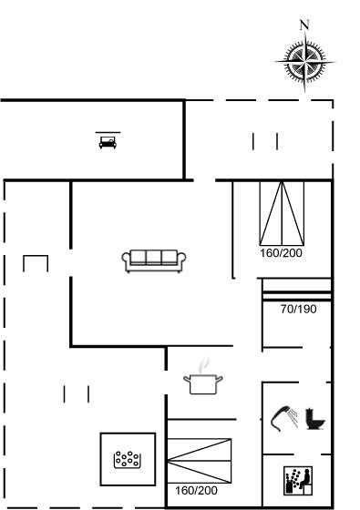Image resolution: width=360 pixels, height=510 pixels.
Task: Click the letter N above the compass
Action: pyautogui.click(x=304, y=25)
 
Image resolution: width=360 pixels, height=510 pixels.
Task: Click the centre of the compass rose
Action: pyautogui.click(x=305, y=61)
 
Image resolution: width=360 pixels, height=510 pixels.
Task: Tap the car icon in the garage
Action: pyautogui.click(x=108, y=142)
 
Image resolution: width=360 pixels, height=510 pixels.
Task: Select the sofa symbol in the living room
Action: pyautogui.click(x=154, y=260)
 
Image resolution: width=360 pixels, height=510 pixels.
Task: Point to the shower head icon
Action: pyautogui.click(x=281, y=418)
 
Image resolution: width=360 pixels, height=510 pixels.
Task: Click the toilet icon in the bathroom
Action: pyautogui.click(x=315, y=419)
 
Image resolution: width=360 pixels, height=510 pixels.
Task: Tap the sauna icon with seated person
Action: pyautogui.click(x=298, y=481)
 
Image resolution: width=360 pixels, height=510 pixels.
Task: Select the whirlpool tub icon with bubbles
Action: pyautogui.click(x=128, y=459)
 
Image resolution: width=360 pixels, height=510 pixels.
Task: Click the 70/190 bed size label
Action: pyautogui.click(x=299, y=309)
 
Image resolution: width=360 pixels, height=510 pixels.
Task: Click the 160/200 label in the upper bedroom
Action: pyautogui.click(x=281, y=253)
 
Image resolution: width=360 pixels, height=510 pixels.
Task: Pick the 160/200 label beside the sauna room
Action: pyautogui.click(x=196, y=491)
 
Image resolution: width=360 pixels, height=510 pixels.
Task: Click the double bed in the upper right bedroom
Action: pyautogui.click(x=282, y=213)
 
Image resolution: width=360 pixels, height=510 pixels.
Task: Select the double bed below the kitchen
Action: pyautogui.click(x=200, y=461)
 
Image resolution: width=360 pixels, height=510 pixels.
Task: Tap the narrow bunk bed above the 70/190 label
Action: pyautogui.click(x=296, y=290)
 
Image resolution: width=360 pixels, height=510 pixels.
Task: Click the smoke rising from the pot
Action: pyautogui.click(x=204, y=365)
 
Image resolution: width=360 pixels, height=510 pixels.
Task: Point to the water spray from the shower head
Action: pyautogui.click(x=293, y=418)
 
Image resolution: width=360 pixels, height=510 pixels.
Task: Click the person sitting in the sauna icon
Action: pyautogui.click(x=305, y=479)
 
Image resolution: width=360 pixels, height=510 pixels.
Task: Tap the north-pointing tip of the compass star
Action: pyautogui.click(x=305, y=33)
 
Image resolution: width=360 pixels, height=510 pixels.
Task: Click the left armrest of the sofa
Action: pyautogui.click(x=126, y=260)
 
